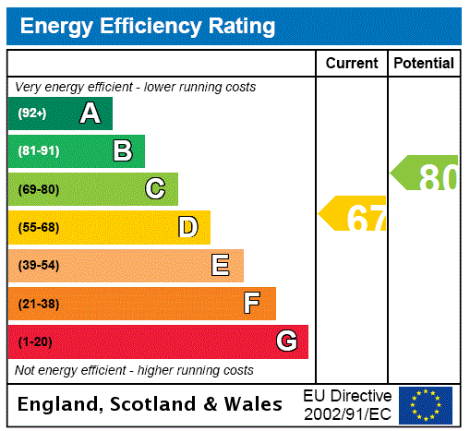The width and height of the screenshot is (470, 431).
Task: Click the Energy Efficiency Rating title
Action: coord(148,26)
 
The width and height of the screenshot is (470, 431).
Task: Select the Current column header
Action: coord(352,63)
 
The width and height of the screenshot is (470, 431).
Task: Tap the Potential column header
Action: coord(424,63)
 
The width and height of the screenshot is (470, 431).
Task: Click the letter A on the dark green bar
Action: coord(90,114)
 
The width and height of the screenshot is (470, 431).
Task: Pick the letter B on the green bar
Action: coord(122,151)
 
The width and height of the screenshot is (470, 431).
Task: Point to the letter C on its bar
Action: coord(155,189)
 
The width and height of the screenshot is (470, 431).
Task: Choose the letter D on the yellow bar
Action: coord(187,227)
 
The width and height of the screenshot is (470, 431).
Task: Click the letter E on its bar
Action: coord(221,266)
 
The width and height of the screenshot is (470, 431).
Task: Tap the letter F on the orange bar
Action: coord(252,304)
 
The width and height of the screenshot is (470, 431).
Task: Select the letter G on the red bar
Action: coord(286,341)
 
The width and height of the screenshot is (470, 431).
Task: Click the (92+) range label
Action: coord(32,114)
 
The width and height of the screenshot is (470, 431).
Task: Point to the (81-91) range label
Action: coord(38,151)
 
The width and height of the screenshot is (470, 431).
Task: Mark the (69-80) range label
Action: coord(38,190)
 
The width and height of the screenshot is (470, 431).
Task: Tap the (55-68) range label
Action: coord(38,228)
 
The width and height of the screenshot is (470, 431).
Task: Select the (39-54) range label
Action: coord(38,266)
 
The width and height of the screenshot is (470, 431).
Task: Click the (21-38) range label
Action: coord(38,304)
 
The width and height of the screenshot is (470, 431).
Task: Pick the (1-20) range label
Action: coord(35,342)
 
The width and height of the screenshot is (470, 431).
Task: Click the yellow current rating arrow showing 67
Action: coord(354,214)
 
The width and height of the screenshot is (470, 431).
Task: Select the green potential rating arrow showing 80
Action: coord(425,174)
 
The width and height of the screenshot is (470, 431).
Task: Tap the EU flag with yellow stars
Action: coord(426,404)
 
